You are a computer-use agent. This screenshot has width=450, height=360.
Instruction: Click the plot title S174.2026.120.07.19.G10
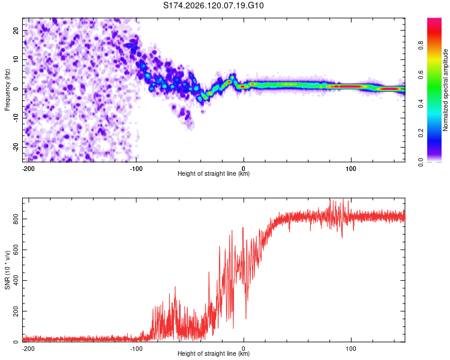pos(213,5)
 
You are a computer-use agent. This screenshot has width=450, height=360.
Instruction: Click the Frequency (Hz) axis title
pos(7,90)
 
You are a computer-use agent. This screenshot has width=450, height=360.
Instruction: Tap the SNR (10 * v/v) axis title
pos(7,270)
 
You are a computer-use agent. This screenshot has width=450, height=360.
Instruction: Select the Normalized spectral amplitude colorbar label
pos(445,90)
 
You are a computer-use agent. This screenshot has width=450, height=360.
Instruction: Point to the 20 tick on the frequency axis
pos(16,30)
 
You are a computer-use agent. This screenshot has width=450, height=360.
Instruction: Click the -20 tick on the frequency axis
pos(16,147)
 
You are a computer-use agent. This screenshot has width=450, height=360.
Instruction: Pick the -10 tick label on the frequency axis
pos(16,118)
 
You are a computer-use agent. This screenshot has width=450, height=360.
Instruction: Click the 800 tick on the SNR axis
pos(16,219)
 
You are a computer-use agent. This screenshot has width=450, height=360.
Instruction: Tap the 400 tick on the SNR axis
pos(16,280)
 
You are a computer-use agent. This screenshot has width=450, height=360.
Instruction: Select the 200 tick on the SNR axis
pos(16,311)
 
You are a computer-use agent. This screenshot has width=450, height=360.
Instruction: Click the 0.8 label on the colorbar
pos(421,46)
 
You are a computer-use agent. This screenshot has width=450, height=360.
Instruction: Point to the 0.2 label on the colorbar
pos(421,133)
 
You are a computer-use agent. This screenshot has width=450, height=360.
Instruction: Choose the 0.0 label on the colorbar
pos(421,162)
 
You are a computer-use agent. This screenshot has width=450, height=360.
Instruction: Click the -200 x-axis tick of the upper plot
pos(28,169)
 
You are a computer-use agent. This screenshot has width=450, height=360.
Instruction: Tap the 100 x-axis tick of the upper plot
pos(351,169)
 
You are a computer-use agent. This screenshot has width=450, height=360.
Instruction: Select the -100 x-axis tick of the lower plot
pos(136,349)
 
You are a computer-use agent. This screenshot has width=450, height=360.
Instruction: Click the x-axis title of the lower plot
pos(214,353)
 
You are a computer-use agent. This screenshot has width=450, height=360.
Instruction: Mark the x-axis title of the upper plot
pos(214,173)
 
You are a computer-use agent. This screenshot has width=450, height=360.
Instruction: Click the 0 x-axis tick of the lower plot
pos(244,349)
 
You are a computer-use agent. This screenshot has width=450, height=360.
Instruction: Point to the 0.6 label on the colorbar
pos(421,74)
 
